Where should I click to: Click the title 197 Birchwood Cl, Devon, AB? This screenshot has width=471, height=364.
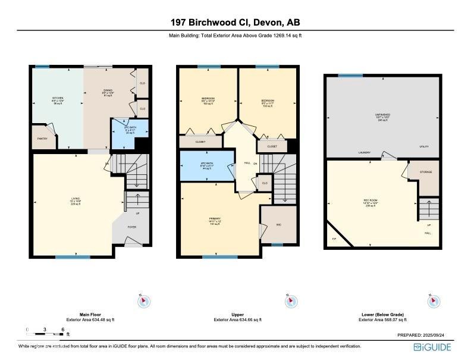pos(235,23)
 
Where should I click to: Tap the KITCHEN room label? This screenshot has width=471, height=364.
pos(57,99)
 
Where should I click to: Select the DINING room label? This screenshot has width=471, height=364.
pos(108,90)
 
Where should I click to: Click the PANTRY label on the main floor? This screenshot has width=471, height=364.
pos(42,138)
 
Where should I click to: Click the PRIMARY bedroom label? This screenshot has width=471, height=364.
pos(215,220)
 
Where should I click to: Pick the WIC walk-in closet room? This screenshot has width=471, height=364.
pos(279,224)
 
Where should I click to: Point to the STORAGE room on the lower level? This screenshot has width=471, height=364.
pos(425,172)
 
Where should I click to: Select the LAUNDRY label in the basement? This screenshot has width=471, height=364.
pos(365,153)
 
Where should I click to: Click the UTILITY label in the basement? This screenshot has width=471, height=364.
pos(423,146)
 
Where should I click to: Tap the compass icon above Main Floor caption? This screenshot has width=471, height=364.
pos(143,301)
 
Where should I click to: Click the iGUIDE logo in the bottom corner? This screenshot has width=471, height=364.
pos(432,347)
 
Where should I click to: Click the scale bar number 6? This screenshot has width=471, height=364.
pos(62,329)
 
